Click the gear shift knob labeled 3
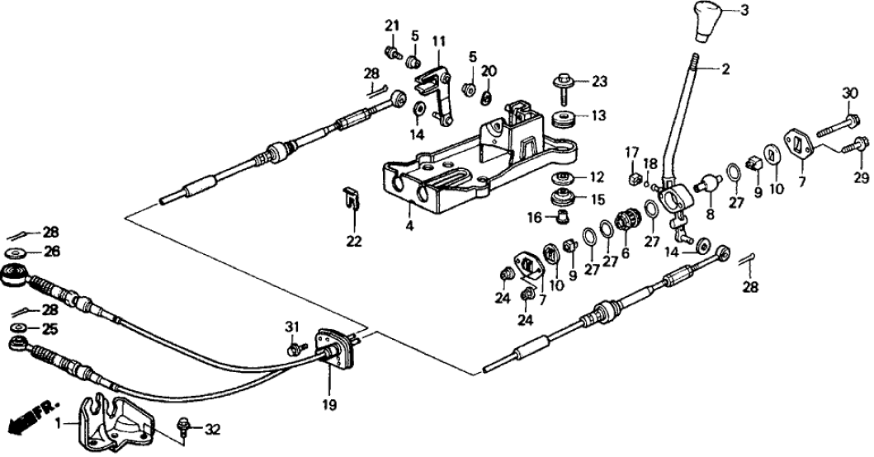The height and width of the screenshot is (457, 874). [x=709, y=21]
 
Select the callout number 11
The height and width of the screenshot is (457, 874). [x=438, y=41]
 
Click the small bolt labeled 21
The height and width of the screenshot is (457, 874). [x=396, y=54]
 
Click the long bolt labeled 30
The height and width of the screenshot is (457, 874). [x=836, y=130]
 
